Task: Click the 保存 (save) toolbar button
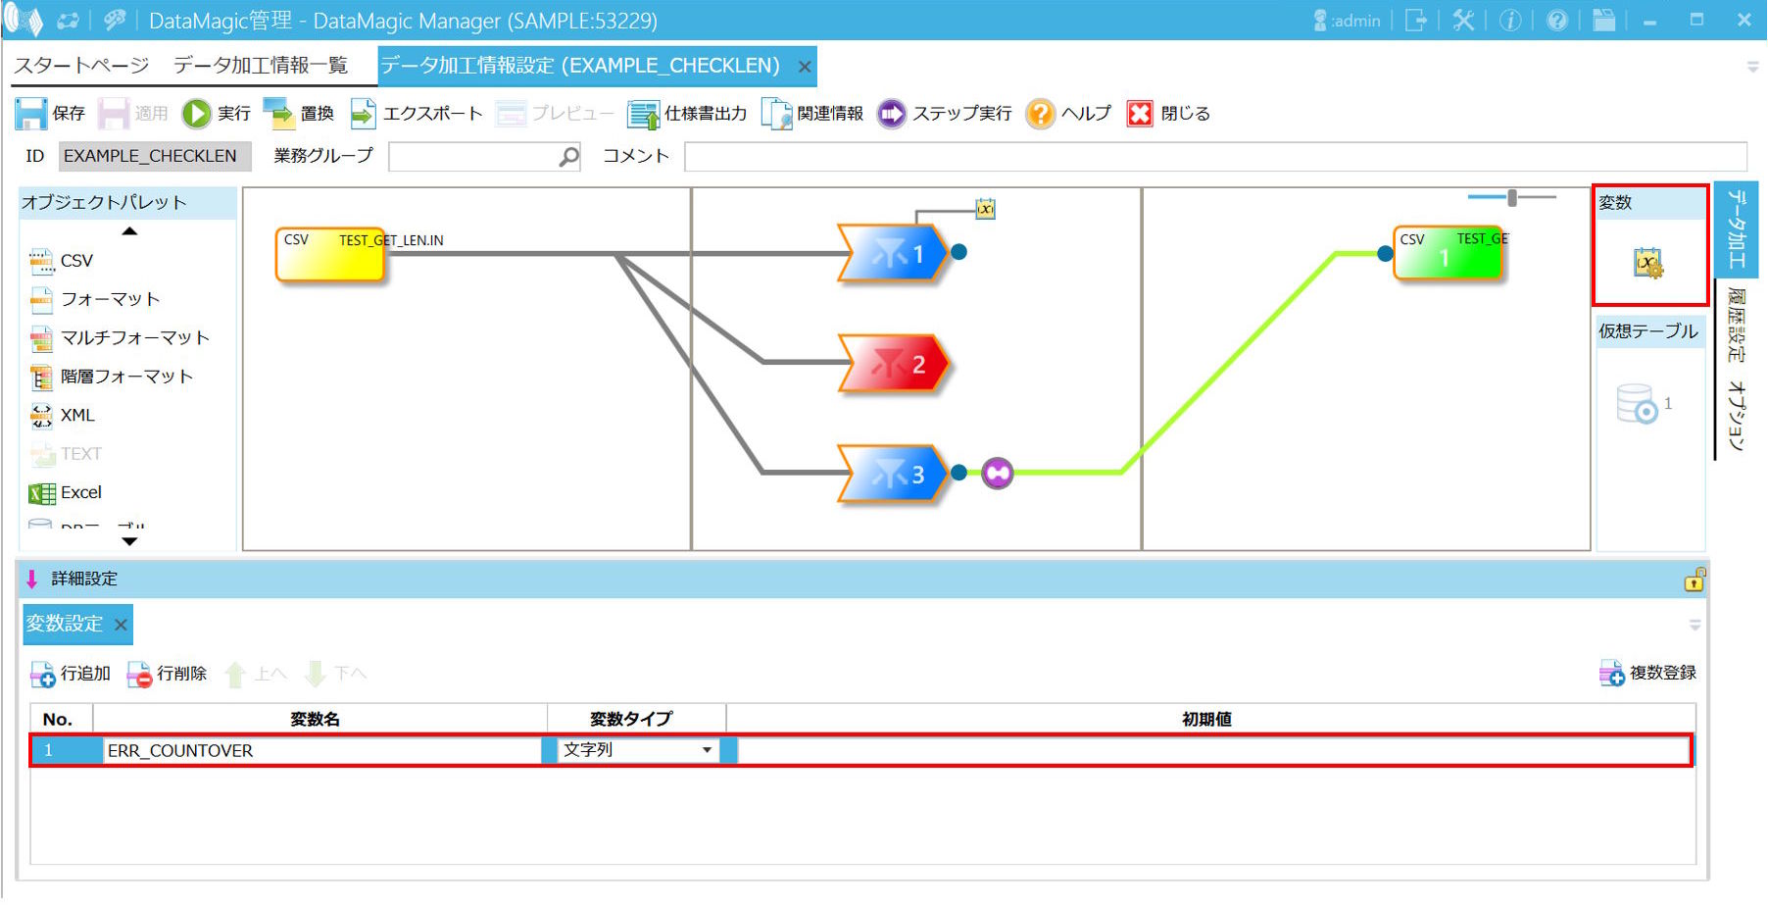point(51,114)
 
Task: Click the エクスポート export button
point(417,114)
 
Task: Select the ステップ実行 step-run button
point(944,114)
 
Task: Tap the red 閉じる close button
point(1168,114)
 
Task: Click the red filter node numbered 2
point(894,365)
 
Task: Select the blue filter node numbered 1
point(892,254)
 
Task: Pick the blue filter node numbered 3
point(892,475)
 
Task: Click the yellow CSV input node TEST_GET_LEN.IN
point(330,254)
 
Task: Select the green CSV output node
point(1448,254)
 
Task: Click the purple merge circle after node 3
point(997,473)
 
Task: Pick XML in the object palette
point(64,416)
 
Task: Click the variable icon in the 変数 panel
point(1647,263)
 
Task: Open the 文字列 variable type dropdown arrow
point(707,751)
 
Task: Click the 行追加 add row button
point(71,674)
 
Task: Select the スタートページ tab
point(81,66)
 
